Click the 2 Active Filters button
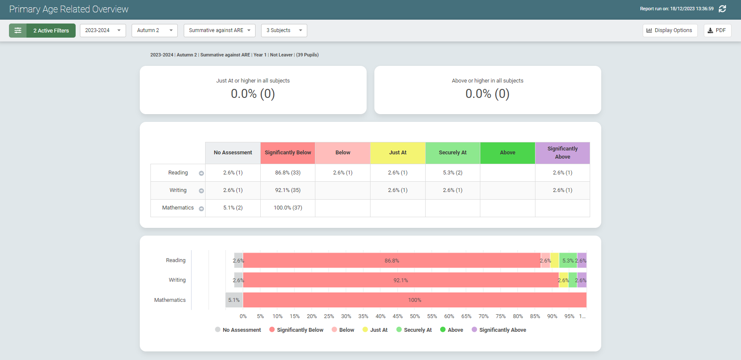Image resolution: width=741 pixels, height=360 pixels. [x=42, y=30]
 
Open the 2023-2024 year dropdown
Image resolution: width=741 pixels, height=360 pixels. [x=103, y=30]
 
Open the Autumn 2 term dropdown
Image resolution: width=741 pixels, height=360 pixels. [x=154, y=30]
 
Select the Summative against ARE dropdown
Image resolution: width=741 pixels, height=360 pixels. [x=219, y=30]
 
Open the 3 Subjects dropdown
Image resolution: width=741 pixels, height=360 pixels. [x=284, y=30]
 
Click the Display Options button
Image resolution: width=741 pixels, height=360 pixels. [x=670, y=30]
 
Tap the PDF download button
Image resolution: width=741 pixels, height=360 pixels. [x=717, y=30]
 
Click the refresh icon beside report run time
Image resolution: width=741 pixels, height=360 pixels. [x=722, y=9]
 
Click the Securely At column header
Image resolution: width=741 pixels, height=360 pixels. [x=453, y=153]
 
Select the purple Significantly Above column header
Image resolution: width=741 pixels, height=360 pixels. [x=562, y=153]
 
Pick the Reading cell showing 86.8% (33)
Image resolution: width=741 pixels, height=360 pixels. [x=288, y=173]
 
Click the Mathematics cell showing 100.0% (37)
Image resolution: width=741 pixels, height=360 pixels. [x=288, y=208]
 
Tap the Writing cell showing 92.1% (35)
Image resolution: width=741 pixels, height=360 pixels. [x=288, y=190]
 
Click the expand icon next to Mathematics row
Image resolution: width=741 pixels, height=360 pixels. [x=201, y=209]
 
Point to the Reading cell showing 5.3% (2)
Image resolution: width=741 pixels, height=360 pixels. [x=453, y=173]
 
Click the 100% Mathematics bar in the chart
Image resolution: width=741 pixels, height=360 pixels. [x=415, y=300]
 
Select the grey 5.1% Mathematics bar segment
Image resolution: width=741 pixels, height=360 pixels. [x=234, y=300]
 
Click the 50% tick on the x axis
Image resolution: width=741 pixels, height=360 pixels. [x=415, y=316]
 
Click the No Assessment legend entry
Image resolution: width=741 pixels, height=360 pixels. [x=238, y=330]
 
